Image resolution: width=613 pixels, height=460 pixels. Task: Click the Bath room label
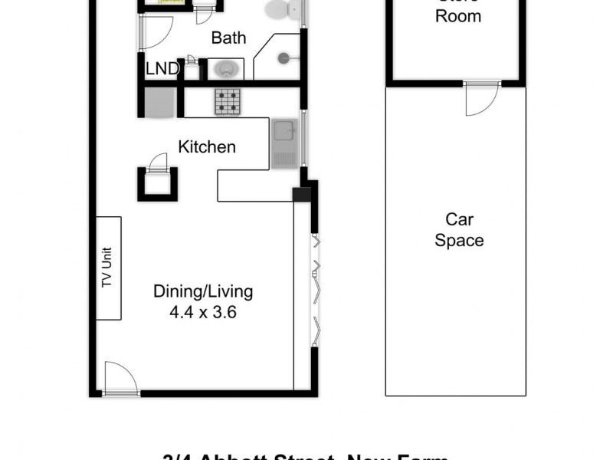pos(228,38)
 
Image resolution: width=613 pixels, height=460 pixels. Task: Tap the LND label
pos(162,70)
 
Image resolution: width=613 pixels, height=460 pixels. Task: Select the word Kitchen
pos(207,146)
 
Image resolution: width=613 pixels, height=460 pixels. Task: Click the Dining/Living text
pos(203,291)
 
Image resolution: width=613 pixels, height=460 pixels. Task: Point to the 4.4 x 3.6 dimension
pos(203,313)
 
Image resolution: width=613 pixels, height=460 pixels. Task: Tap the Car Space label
pos(459,230)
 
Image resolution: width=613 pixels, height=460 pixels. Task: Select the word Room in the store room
pos(458,16)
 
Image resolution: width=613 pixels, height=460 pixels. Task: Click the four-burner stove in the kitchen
pos(227,102)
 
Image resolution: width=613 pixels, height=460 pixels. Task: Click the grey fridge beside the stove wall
pos(161,103)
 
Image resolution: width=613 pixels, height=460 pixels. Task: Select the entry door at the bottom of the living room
pos(121,379)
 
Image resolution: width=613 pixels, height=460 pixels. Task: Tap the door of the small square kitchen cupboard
pos(158,163)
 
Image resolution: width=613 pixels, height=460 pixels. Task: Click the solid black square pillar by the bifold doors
pos(303,195)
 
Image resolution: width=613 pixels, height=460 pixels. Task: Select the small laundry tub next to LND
pos(192,69)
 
